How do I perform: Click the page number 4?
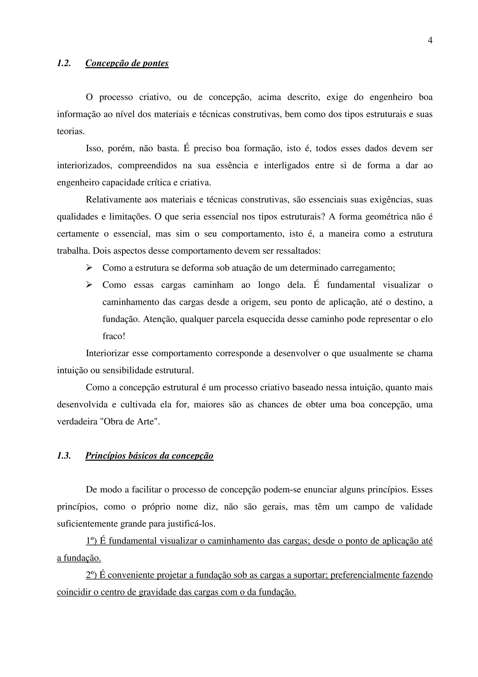click(430, 41)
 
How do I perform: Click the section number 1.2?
click(64, 63)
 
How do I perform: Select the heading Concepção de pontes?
click(127, 63)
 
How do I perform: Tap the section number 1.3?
click(64, 456)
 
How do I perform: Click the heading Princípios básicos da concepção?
click(149, 456)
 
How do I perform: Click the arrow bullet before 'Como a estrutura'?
click(89, 268)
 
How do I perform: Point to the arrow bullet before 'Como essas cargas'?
click(89, 285)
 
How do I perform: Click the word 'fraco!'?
click(114, 336)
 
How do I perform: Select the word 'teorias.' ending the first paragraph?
click(71, 131)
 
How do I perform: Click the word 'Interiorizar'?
click(107, 353)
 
